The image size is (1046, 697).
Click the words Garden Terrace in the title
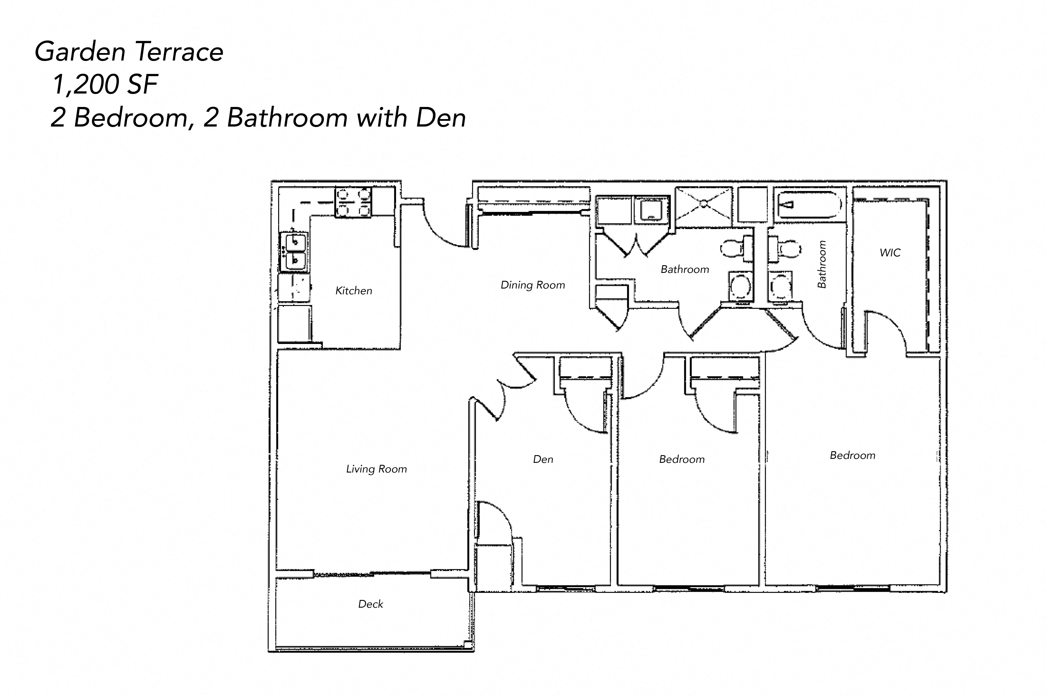[x=129, y=51]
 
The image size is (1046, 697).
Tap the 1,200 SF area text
[x=105, y=85]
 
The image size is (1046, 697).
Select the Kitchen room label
[x=354, y=291]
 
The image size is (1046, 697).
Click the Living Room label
[x=376, y=469]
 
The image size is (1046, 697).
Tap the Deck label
[x=370, y=604]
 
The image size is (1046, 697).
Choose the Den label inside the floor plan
[x=543, y=459]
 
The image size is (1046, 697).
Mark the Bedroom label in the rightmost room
[x=852, y=455]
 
